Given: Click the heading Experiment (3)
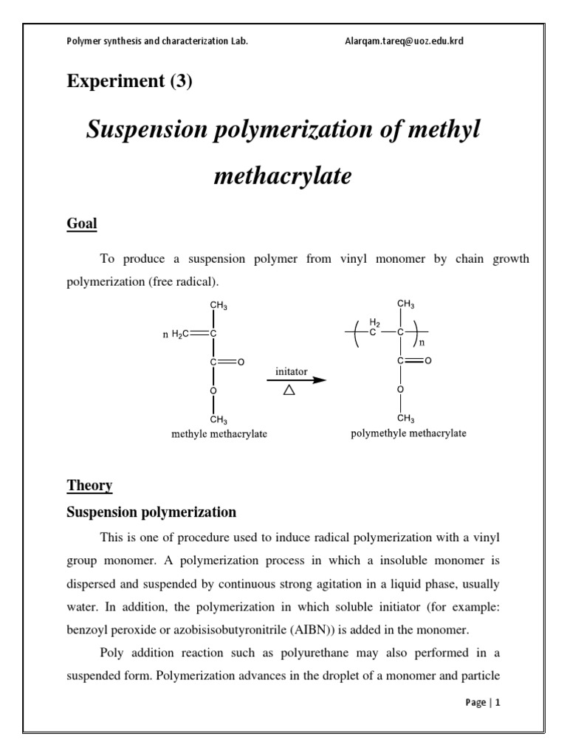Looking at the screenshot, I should click(x=129, y=81).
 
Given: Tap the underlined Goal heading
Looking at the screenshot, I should click(x=82, y=223).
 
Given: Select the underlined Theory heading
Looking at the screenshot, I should click(x=89, y=485).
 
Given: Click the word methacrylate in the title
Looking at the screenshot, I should click(x=283, y=176).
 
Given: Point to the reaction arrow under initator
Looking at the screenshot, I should click(x=295, y=380).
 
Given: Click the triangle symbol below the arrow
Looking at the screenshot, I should click(x=289, y=391).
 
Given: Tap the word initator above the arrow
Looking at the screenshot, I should click(x=292, y=371).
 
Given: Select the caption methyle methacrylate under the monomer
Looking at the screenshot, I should click(x=219, y=434).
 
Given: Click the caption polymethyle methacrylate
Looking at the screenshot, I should click(x=408, y=433).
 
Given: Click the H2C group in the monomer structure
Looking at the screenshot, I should click(x=180, y=334).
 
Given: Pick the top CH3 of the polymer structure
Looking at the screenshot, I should click(x=405, y=303).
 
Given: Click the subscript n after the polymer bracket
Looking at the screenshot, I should click(x=422, y=343).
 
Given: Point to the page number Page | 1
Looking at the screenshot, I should click(x=483, y=703).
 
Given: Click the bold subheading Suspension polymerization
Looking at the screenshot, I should click(x=151, y=512).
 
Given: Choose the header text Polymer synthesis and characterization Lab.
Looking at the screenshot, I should click(x=157, y=41).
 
